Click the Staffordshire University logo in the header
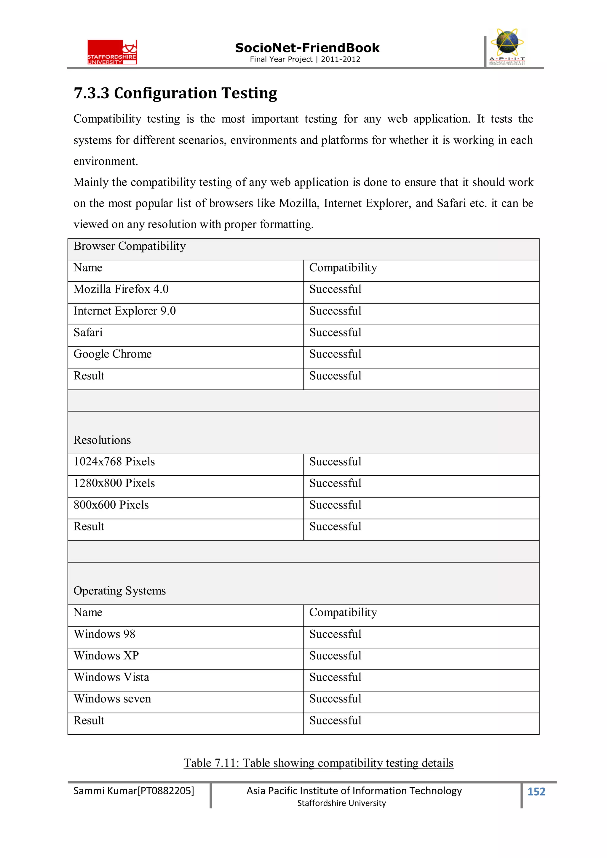112,52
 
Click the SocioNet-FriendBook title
307,48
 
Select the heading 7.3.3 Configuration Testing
175,93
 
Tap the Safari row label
88,333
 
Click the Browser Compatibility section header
130,246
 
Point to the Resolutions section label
102,440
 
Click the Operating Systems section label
119,591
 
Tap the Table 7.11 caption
318,763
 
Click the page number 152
536,791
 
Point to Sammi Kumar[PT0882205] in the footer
133,791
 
